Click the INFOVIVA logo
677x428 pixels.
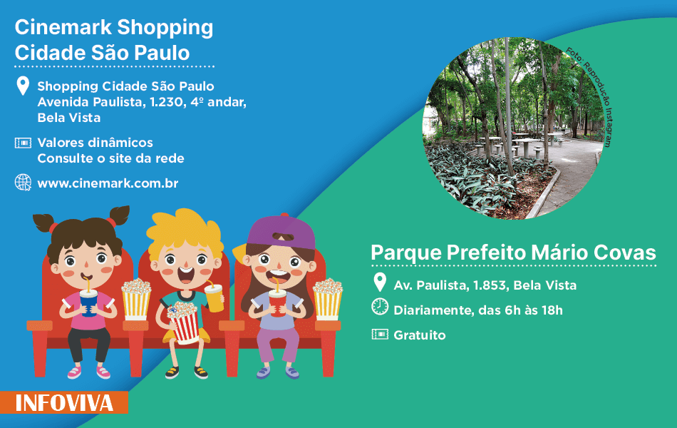[x=64, y=402]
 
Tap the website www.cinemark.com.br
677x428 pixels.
[x=108, y=183]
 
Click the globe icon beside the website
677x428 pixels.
[x=23, y=183]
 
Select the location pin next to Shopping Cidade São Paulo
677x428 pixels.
[x=23, y=86]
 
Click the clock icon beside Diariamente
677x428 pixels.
[x=380, y=307]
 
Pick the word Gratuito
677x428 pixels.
[x=420, y=335]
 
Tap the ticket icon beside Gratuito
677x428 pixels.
[x=380, y=334]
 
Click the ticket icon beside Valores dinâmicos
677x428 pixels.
[x=23, y=143]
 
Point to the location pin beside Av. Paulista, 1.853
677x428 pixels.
[x=380, y=282]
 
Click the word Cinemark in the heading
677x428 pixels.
[x=63, y=27]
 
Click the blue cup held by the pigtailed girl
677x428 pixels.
[x=88, y=302]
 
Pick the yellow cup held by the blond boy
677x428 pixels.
[x=215, y=297]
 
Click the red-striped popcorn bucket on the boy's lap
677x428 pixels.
[x=185, y=323]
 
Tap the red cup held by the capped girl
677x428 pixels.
[x=278, y=302]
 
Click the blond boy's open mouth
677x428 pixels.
[x=185, y=275]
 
